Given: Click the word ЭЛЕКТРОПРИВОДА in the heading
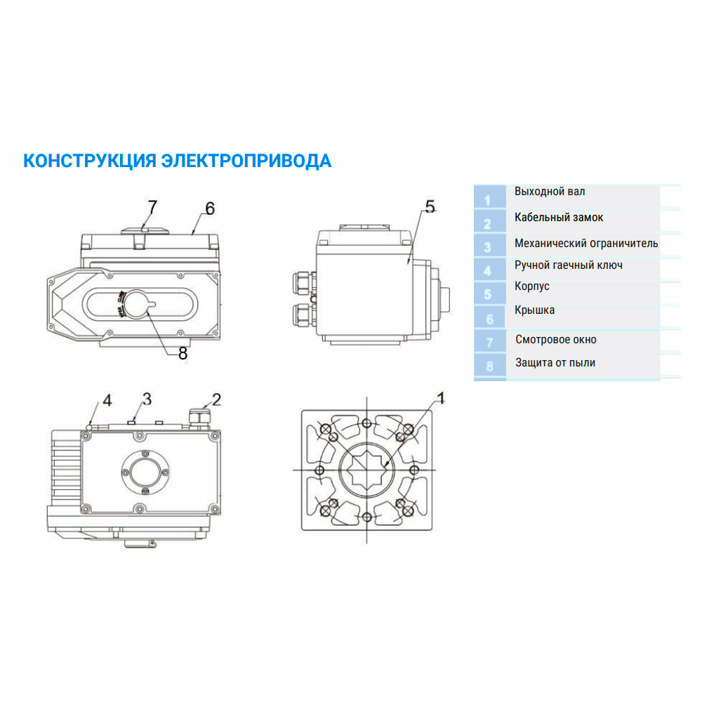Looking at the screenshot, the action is [246, 161].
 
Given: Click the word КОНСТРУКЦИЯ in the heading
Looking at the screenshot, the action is [89, 161].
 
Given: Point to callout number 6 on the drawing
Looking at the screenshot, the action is [209, 208].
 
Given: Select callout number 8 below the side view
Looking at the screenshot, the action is [183, 354].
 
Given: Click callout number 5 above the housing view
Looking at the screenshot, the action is [430, 206].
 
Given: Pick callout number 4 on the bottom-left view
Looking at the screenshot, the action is [107, 401].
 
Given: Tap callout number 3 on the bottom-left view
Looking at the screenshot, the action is [147, 399].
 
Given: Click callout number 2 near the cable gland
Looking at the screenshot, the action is [216, 399].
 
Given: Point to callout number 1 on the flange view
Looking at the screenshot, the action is [441, 398].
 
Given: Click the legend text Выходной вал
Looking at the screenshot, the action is [550, 192].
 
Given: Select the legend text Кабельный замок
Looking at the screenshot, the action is [559, 218].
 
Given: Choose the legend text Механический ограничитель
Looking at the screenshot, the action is [586, 244].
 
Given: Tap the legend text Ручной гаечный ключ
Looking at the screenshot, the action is [569, 265].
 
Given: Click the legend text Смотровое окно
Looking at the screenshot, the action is [556, 340].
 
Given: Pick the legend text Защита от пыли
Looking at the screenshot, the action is [555, 363].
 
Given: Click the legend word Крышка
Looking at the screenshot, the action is [534, 310].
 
